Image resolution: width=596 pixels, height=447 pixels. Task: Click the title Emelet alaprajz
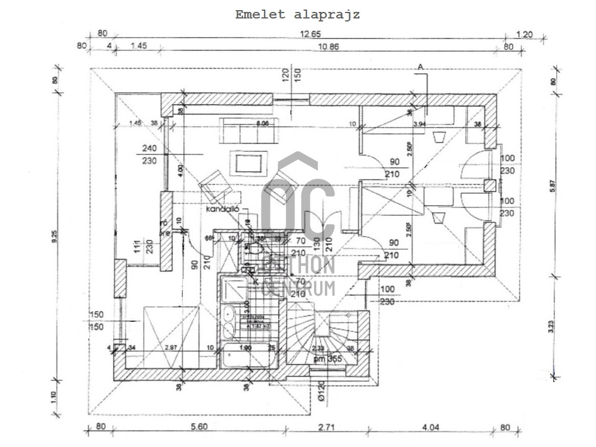[297, 15]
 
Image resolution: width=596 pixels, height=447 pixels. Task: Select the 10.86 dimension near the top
[315, 46]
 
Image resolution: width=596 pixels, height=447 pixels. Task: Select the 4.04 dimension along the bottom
[430, 427]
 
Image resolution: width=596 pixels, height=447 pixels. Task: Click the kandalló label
[223, 210]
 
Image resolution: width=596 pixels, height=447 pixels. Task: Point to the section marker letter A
[420, 67]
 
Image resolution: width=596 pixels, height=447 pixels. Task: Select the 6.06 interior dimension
[262, 123]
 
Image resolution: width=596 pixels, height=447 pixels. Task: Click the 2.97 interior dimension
[171, 347]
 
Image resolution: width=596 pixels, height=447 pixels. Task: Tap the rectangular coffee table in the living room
[244, 162]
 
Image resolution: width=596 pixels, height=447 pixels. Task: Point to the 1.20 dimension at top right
[524, 34]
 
